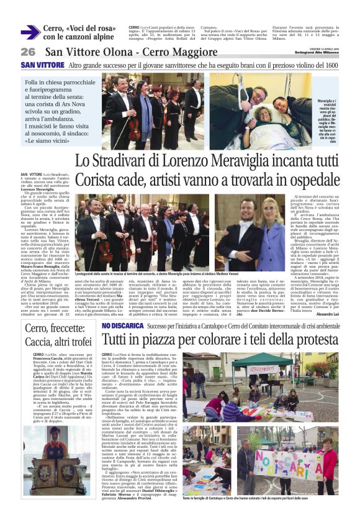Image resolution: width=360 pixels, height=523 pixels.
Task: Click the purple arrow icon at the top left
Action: coord(30,32)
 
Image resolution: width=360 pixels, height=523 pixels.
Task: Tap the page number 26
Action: coord(28,52)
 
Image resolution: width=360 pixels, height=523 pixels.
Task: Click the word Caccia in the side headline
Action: coord(39,342)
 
